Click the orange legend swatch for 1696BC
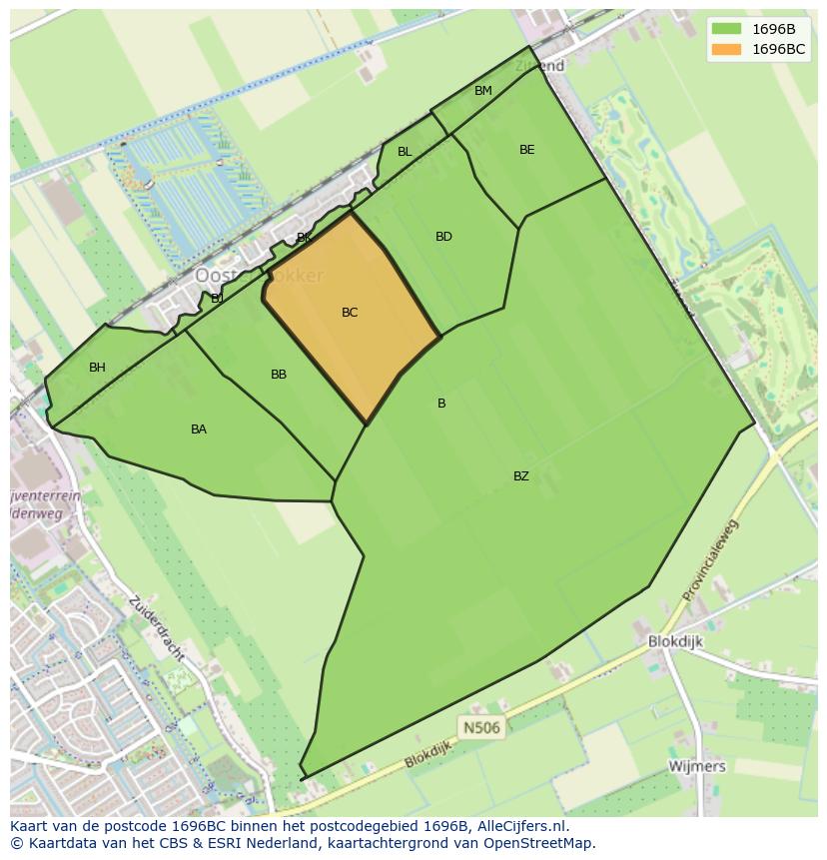726,49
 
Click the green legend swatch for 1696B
726,29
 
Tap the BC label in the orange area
350,313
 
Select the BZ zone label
521,476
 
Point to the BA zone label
199,430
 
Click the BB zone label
279,375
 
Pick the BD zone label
443,237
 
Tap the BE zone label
527,150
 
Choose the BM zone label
483,91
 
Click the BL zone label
405,152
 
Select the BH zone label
97,368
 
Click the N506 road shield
480,727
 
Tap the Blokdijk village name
676,642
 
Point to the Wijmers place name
697,766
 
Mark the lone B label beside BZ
441,404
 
